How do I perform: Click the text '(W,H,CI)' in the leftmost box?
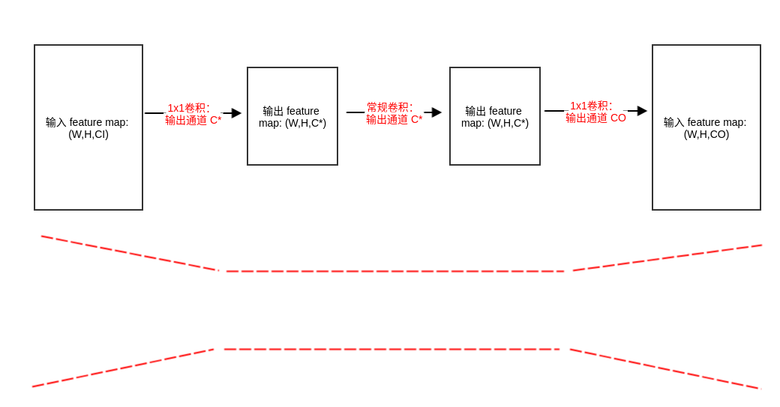pos(88,134)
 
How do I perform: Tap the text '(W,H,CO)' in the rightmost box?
pos(706,134)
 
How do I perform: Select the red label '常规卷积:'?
pos(389,107)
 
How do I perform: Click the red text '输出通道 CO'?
pos(595,118)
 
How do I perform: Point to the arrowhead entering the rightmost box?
pos(642,111)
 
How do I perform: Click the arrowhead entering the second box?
pos(236,113)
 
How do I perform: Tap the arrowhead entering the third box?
pos(436,112)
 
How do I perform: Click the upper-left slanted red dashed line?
pos(129,253)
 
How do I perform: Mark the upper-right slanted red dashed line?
pos(667,258)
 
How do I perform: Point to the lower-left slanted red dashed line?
pos(123,368)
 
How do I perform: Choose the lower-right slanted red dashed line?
pos(664,369)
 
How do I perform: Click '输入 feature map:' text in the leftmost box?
pos(87,122)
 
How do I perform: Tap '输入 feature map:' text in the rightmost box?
pos(705,122)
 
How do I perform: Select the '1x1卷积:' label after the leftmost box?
pos(188,108)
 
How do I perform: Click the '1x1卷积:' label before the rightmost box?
pos(591,106)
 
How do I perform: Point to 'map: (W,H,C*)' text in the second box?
pos(292,123)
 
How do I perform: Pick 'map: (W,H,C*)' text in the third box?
pos(495,123)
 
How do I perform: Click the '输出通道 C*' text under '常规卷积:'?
pos(394,119)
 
